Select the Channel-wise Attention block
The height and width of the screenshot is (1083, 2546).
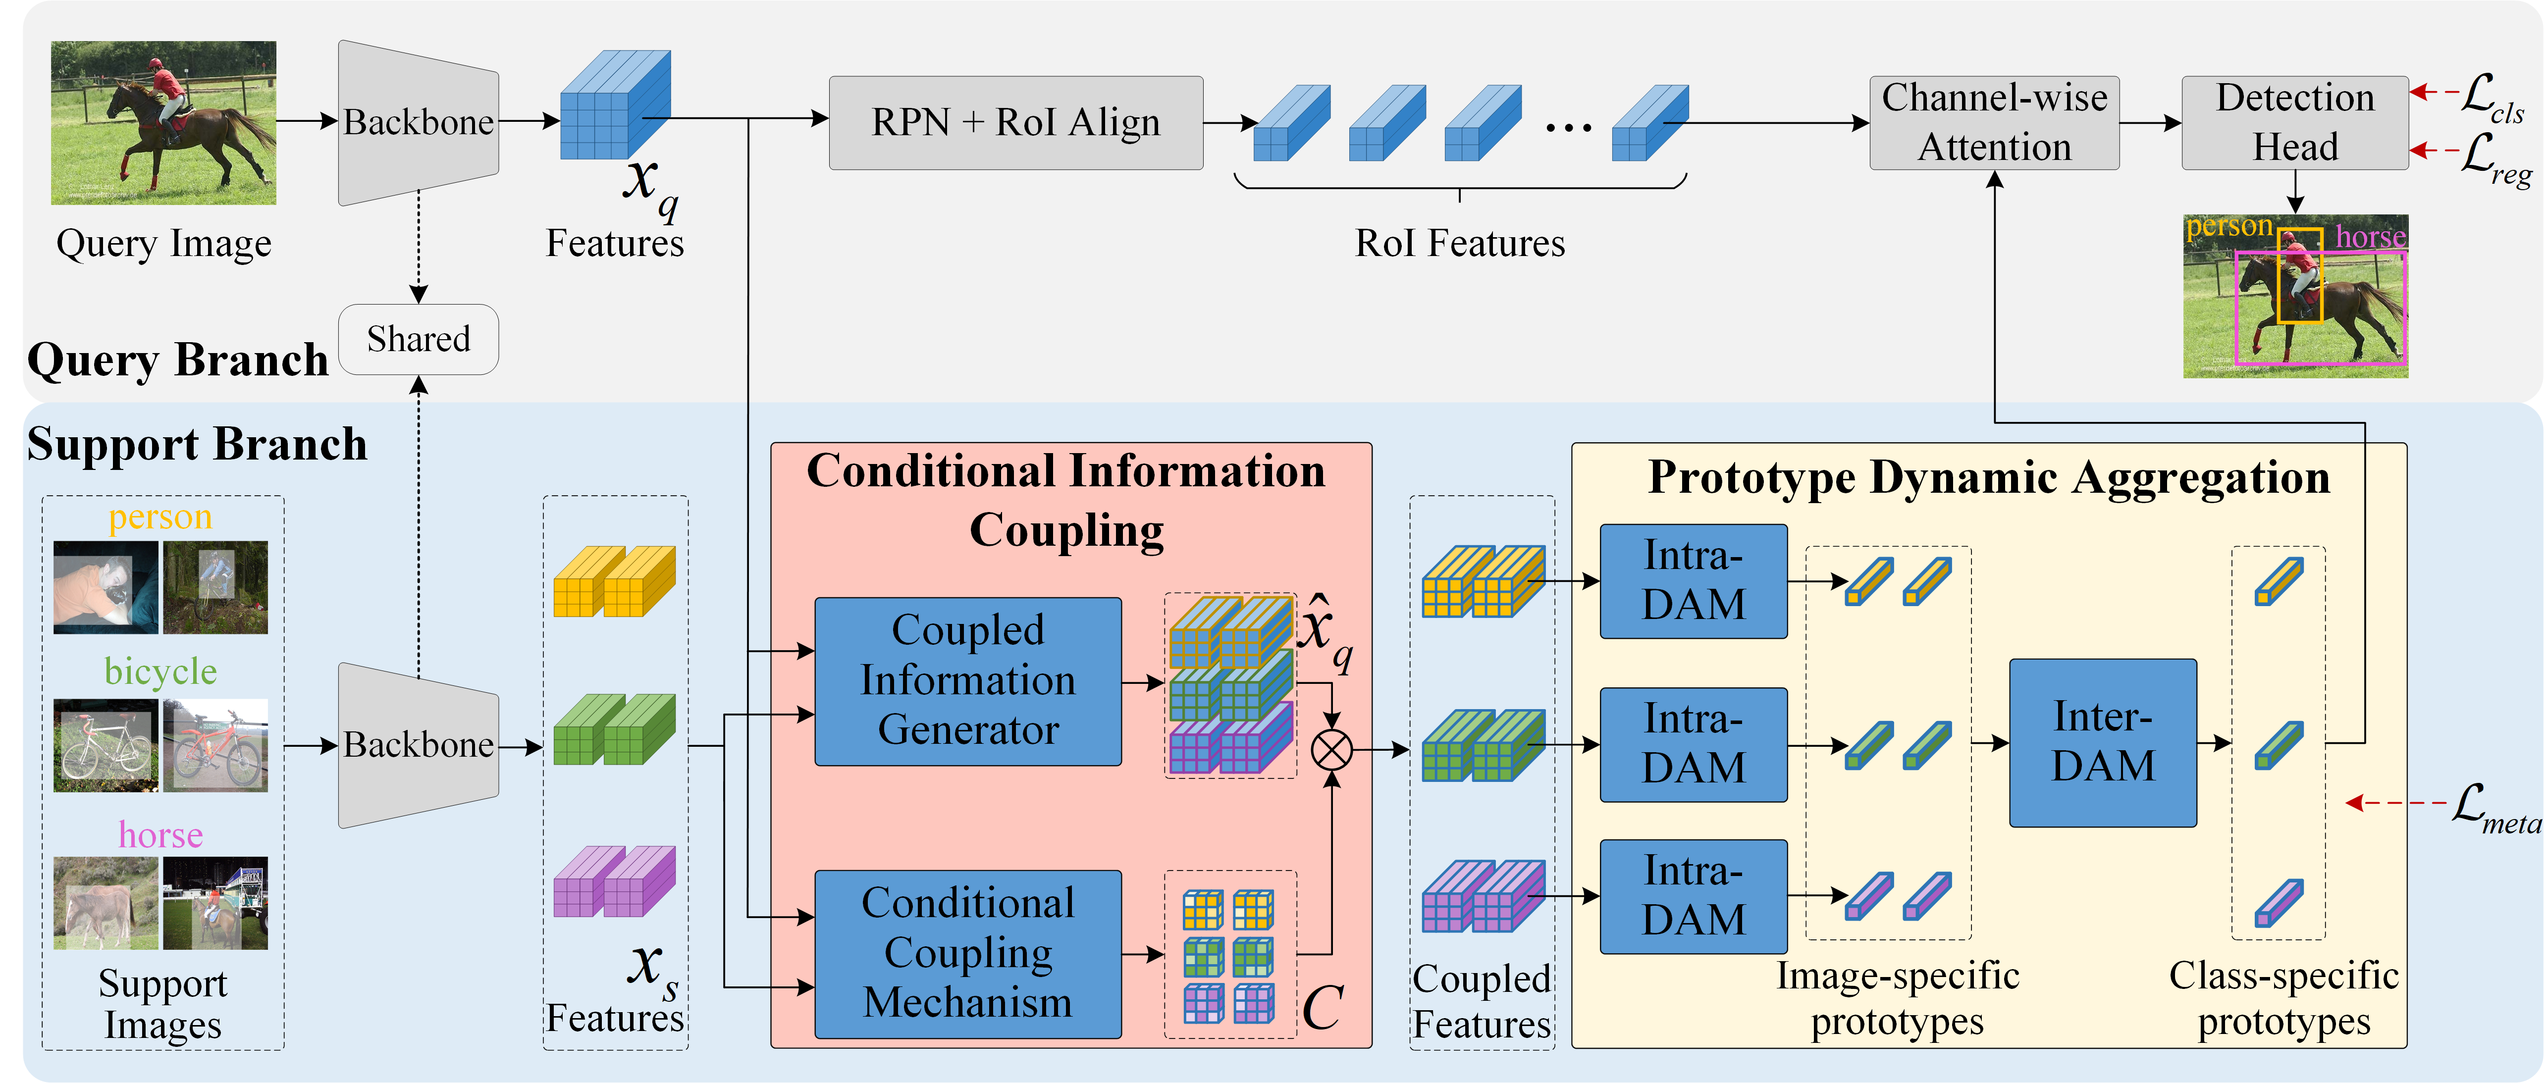(x=1994, y=122)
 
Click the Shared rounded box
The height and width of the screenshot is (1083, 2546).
(x=418, y=339)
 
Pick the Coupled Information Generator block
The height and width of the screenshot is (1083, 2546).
(x=967, y=681)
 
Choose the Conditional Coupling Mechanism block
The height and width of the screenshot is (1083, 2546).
(x=967, y=954)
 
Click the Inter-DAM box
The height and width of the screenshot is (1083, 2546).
(x=2102, y=742)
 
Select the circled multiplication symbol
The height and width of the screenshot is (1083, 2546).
(x=1331, y=750)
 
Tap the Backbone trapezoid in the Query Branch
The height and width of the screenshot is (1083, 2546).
(x=418, y=122)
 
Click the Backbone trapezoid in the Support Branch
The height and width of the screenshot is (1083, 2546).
(x=418, y=745)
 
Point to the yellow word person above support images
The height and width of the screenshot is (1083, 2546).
(x=160, y=517)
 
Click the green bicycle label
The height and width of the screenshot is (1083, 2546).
(x=160, y=672)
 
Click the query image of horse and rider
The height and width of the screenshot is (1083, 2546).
(x=163, y=122)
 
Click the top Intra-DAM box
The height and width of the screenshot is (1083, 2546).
(x=1693, y=581)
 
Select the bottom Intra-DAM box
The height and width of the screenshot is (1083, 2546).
(x=1693, y=896)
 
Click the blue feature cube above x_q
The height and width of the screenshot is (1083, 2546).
(x=615, y=105)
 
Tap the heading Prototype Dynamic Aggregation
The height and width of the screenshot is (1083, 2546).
(x=1989, y=477)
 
